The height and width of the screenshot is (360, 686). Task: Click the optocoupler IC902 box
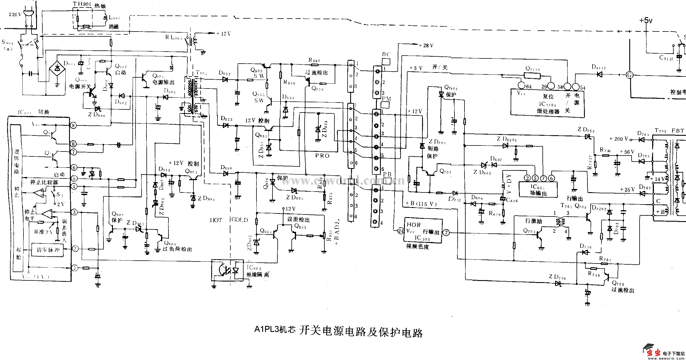227,270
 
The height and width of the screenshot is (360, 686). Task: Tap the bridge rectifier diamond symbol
57,68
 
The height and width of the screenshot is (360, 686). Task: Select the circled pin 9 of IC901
74,125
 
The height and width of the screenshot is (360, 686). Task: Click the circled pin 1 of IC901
75,268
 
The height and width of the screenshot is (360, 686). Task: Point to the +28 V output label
426,46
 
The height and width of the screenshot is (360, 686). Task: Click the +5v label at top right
646,21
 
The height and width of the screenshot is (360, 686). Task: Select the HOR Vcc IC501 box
423,231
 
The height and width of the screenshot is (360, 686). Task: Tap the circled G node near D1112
630,75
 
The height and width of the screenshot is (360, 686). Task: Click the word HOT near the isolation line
216,220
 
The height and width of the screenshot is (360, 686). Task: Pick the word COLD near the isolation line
240,220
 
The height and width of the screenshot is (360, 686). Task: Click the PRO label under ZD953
322,156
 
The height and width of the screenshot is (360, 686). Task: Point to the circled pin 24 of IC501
401,231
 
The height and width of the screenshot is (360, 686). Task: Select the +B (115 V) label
421,204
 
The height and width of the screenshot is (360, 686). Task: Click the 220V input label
15,14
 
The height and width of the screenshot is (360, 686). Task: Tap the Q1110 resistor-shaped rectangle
532,76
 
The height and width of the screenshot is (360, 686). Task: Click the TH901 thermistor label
82,4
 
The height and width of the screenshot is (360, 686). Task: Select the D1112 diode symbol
599,74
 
